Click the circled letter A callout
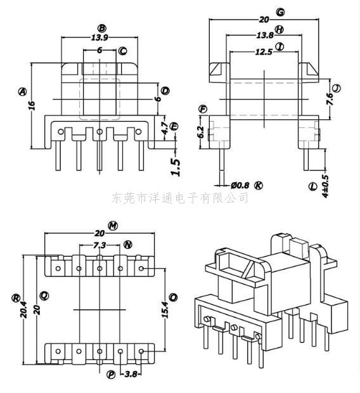pos(22,92)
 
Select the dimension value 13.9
pos(100,37)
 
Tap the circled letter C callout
pos(122,51)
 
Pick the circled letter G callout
pos(280,12)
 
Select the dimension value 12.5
pos(264,52)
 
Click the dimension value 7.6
pos(330,100)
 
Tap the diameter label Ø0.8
pos(240,186)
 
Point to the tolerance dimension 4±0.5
pos(325,186)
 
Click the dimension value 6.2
pos(201,132)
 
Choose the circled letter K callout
pos(259,186)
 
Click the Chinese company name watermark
pos(179,198)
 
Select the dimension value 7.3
pos(100,245)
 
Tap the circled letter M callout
pos(113,226)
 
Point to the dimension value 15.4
pos(165,309)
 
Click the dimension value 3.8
pos(131,375)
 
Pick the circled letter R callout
pos(16,298)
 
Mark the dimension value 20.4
pos(24,310)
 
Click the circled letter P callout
pos(111,375)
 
